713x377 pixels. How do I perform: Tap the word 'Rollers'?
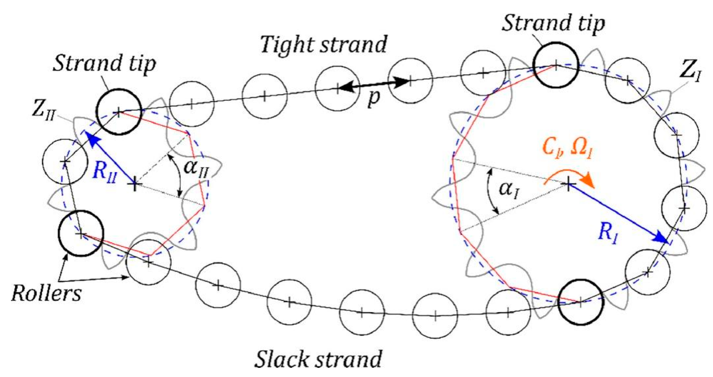tap(46, 294)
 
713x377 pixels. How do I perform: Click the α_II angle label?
tap(197, 168)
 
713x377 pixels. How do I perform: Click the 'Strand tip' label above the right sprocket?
tap(553, 23)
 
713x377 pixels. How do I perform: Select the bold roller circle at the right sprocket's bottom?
tap(581, 302)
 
